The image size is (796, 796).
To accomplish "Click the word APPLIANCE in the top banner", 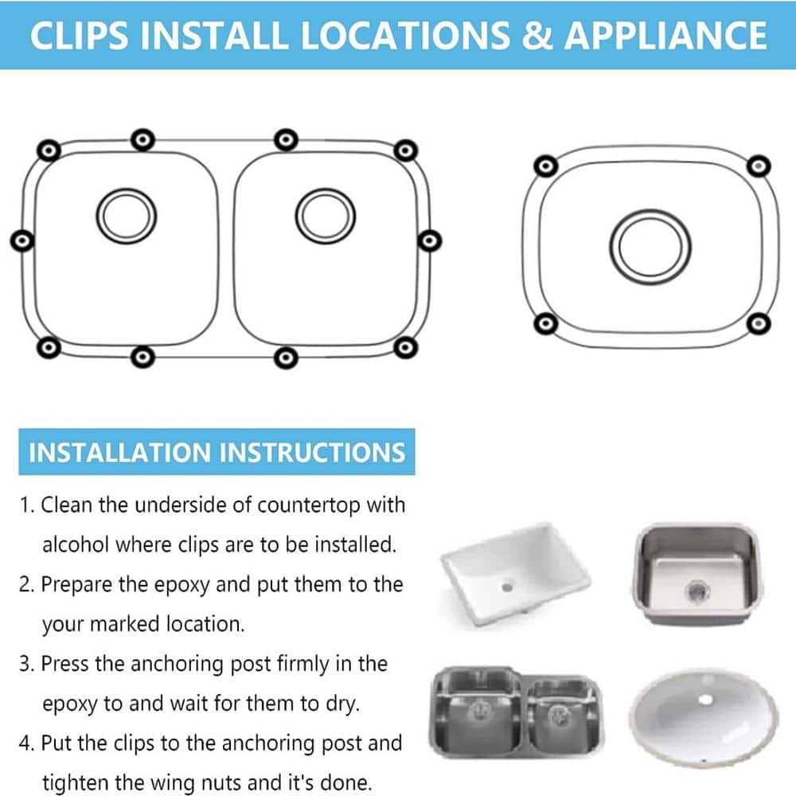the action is (x=665, y=36).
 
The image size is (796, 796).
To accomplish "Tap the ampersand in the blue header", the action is (x=537, y=36).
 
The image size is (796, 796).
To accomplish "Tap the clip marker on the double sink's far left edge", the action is (x=22, y=240).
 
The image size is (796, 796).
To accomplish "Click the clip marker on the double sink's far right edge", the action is (x=430, y=240).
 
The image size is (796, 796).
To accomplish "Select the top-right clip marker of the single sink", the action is (x=759, y=166).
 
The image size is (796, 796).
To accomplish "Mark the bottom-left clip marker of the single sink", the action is (x=546, y=323).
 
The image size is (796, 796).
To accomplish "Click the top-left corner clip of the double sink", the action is (x=49, y=150).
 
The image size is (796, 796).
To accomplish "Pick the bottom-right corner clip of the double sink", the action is (x=405, y=348).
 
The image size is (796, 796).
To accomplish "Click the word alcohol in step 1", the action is (x=75, y=544).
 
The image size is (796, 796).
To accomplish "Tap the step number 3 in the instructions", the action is (x=25, y=664).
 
